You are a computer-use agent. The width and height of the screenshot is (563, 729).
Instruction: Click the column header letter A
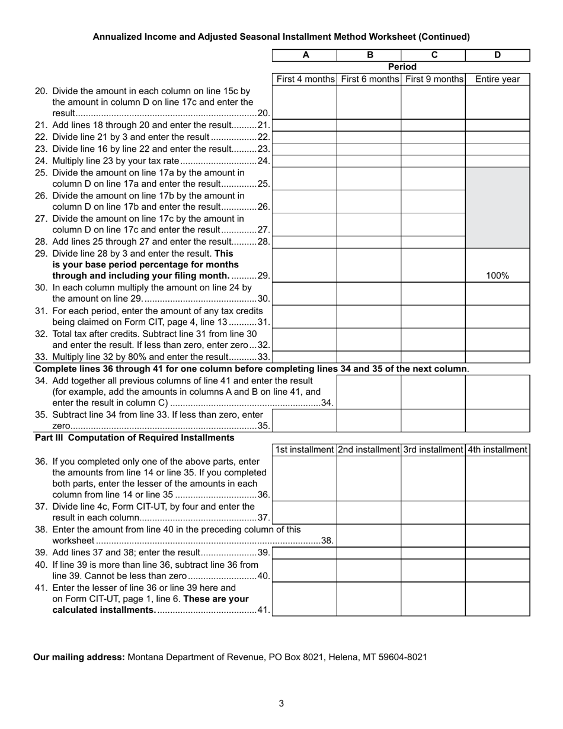pos(305,55)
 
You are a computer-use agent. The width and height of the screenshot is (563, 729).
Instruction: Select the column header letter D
pos(497,55)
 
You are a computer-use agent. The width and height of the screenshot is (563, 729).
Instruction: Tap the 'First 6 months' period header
pos(370,79)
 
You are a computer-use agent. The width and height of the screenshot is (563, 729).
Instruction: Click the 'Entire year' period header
pos(497,79)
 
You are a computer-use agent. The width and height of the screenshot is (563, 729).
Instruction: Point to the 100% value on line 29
pos(497,276)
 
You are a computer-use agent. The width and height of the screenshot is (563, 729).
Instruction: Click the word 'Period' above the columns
pos(402,67)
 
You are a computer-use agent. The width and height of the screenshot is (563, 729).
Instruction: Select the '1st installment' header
pos(305,450)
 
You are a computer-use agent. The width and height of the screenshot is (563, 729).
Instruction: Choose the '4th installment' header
pos(497,450)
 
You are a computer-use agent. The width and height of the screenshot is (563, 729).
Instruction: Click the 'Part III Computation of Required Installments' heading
pos(135,438)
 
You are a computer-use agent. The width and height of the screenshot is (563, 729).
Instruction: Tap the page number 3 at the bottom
pos(281,704)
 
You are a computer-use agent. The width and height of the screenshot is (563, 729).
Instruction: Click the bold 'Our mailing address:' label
pos(79,657)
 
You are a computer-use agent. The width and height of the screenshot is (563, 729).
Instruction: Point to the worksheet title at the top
pos(281,37)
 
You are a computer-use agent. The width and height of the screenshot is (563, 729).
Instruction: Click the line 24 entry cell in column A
pos(305,161)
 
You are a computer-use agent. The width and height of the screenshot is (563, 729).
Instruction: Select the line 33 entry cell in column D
pos(497,357)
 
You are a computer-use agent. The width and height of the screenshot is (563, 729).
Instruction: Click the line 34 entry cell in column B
pos(369,392)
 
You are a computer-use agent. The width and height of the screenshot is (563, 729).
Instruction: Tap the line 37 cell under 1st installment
pos(305,512)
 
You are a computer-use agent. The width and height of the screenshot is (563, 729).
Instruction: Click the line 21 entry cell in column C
pos(433,125)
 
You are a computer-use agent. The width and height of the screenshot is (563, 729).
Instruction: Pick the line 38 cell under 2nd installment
pos(369,535)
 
